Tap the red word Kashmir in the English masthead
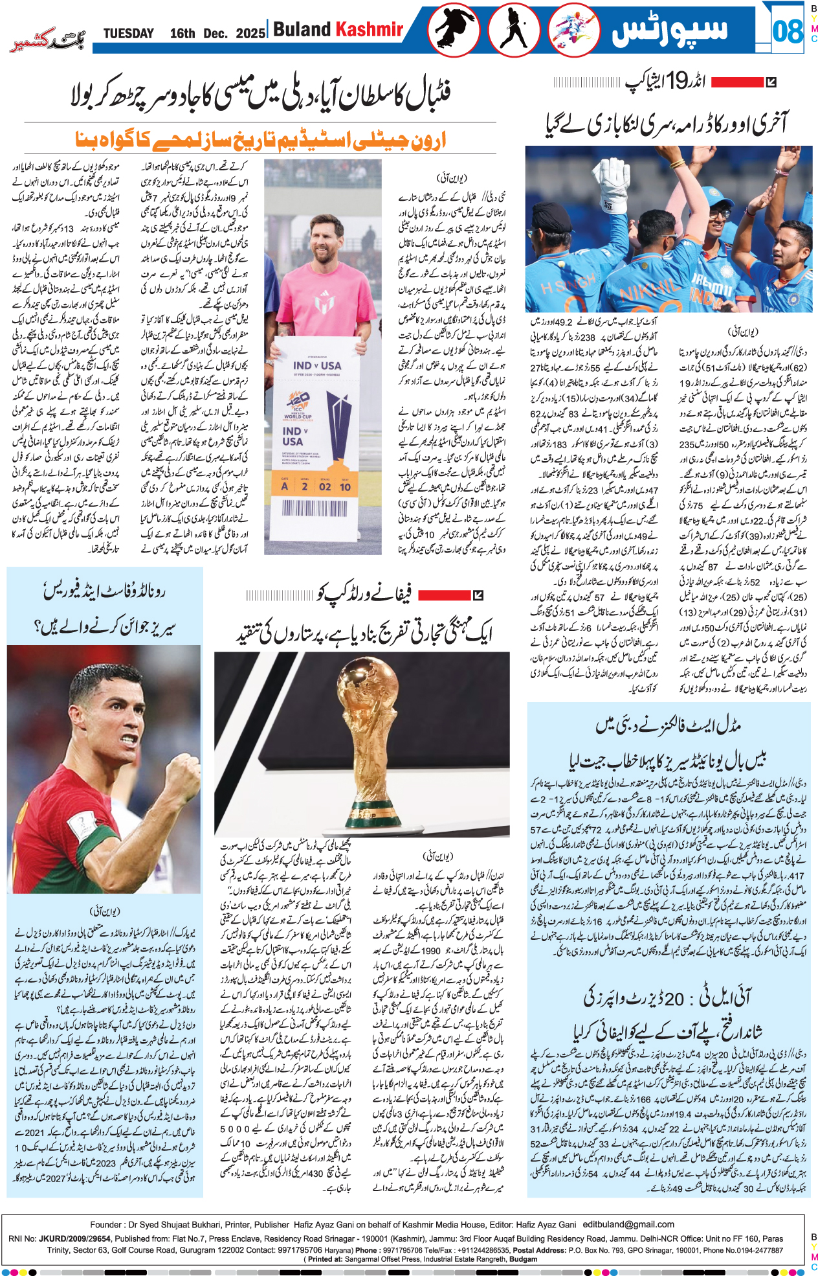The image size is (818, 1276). (x=369, y=29)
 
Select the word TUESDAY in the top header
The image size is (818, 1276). (x=129, y=34)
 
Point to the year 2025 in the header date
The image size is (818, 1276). (x=250, y=34)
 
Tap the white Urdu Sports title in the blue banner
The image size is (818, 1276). (x=670, y=30)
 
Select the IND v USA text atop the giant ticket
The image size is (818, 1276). (x=317, y=365)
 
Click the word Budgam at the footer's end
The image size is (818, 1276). (x=524, y=1259)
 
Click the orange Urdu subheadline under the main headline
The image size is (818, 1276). (x=261, y=139)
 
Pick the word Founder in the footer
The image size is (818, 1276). (x=105, y=1224)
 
